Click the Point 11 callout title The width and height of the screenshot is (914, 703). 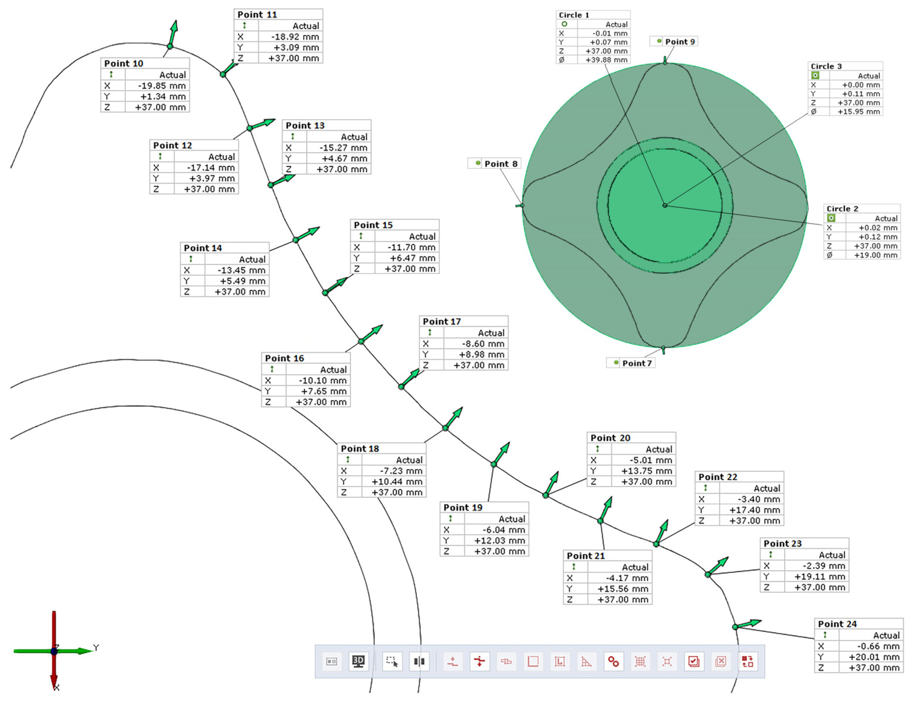tap(257, 15)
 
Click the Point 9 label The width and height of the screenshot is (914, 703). tap(680, 42)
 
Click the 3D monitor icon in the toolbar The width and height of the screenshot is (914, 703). tap(358, 662)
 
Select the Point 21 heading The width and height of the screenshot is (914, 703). tap(585, 556)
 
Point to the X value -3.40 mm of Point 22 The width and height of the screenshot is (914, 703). tap(759, 499)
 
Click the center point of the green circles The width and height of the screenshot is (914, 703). tap(665, 205)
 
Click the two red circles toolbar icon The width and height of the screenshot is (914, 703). tap(613, 662)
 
